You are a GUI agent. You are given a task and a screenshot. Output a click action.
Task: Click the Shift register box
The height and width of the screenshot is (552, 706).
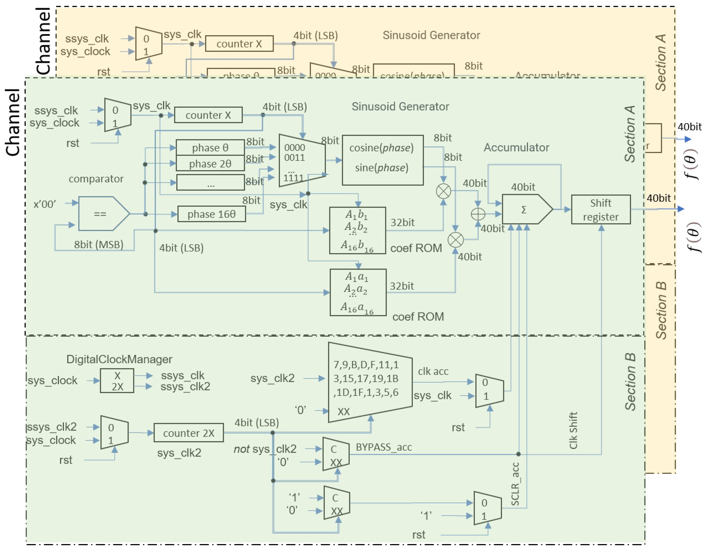(600, 209)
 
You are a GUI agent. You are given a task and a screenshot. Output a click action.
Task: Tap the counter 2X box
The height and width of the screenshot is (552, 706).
(188, 433)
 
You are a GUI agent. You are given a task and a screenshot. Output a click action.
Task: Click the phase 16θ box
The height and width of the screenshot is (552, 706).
(211, 214)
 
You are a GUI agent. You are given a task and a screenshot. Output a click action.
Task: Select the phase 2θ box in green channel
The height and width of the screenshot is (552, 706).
(210, 163)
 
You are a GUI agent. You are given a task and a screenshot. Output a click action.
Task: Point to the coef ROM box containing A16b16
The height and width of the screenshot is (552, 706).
(357, 230)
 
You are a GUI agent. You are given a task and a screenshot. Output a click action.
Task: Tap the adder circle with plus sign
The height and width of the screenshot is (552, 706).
(478, 214)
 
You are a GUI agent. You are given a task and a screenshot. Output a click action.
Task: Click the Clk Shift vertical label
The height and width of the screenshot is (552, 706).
(573, 430)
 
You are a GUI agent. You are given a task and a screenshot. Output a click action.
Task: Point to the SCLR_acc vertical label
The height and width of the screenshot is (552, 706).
(515, 484)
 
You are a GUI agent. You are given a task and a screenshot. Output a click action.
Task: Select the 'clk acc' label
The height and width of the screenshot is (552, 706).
(433, 371)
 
